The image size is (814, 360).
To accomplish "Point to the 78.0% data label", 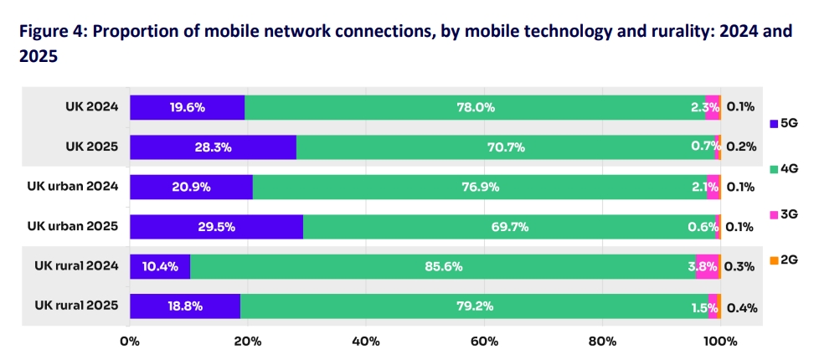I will click(x=475, y=107).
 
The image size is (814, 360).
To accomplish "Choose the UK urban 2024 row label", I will click(x=73, y=187).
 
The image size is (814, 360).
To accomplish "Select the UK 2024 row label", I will click(x=92, y=107).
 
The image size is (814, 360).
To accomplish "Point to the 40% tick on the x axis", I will click(x=366, y=341).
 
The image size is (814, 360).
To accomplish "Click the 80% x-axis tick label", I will click(x=602, y=341).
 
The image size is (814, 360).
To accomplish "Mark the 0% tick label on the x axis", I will click(x=130, y=341).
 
